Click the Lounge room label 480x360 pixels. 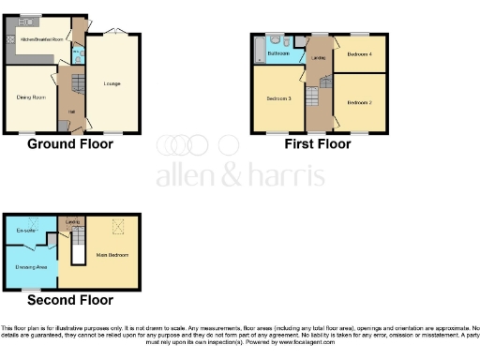coord(112,84)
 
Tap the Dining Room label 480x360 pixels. coord(31,96)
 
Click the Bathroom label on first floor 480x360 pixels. coord(277,53)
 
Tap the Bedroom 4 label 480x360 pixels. coord(359,55)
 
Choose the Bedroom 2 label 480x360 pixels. coord(360,101)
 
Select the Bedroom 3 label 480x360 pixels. coord(278,98)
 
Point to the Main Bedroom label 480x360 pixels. coord(111,254)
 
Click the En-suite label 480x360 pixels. coord(25,229)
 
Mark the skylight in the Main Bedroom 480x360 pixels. coord(117,225)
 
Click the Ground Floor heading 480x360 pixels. coord(70,144)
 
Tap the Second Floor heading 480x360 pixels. coord(70,300)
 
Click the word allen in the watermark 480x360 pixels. coord(187,175)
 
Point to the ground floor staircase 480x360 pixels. coord(67,88)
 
